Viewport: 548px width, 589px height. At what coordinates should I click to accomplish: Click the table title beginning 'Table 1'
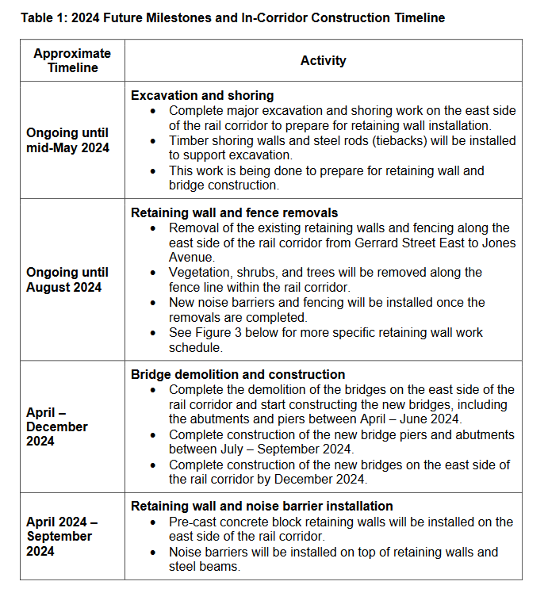point(232,17)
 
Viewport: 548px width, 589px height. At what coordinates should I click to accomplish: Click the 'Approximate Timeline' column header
point(72,60)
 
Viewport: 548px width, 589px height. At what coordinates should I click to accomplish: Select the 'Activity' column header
point(323,60)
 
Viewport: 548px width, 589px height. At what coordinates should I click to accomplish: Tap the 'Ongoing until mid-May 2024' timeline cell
point(67,140)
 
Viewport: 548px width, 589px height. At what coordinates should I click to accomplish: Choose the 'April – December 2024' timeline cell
point(57,426)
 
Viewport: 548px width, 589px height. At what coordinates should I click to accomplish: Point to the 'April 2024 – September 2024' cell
point(62,536)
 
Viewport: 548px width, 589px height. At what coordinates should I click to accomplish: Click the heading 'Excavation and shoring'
point(202,95)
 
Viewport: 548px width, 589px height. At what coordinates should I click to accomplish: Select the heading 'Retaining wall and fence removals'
point(234,212)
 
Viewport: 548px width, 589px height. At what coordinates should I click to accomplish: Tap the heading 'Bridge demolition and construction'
point(238,374)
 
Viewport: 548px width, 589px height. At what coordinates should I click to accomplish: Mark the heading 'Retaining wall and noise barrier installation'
point(262,506)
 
